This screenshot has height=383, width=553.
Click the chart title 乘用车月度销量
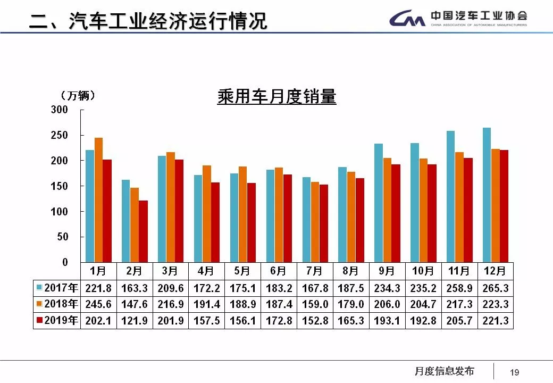tap(276, 97)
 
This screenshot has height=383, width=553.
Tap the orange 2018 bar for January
tap(98, 199)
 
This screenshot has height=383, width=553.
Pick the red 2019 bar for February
tap(143, 231)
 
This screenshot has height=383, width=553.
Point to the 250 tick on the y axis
tap(60, 135)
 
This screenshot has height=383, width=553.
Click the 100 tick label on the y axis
tap(60, 211)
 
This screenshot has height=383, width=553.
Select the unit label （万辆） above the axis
tap(78, 96)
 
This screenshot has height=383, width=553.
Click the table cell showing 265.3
tap(495, 288)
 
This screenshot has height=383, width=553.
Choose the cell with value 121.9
tap(134, 320)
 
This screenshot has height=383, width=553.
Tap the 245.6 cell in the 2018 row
tap(98, 304)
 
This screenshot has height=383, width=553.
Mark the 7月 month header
tap(314, 271)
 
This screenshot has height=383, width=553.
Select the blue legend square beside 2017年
tap(39, 288)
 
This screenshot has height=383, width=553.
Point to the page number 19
tap(514, 372)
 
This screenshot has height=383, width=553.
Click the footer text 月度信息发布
tap(444, 371)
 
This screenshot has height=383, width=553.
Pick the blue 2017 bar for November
tap(450, 196)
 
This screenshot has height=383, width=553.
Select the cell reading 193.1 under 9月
tap(387, 320)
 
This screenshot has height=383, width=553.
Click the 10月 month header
tap(423, 271)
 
